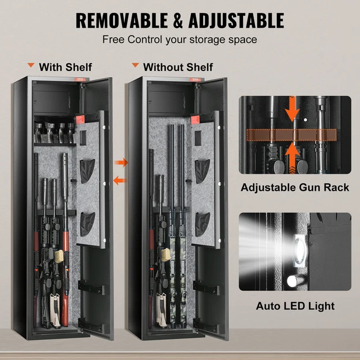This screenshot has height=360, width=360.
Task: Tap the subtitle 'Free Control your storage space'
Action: [179, 40]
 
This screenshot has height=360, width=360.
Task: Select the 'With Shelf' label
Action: [65, 67]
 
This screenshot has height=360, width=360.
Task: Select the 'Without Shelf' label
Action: [178, 67]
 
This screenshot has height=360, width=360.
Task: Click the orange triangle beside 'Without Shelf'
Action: [134, 66]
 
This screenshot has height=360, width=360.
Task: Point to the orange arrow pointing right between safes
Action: [121, 163]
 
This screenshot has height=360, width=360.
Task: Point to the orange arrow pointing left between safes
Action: [119, 180]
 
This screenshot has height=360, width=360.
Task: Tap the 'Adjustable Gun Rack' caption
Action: [295, 187]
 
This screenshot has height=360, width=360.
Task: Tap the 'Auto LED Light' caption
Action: [295, 307]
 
